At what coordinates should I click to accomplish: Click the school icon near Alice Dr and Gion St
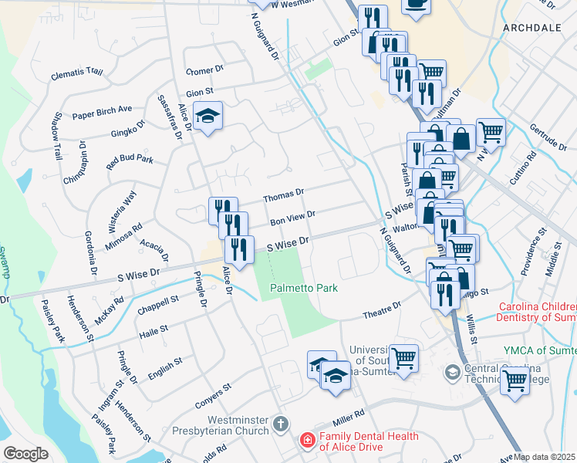tap(207, 117)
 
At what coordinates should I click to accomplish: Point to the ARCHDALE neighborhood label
tap(532, 27)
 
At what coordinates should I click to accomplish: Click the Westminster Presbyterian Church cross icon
tap(280, 423)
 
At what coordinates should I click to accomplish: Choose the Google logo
tap(25, 453)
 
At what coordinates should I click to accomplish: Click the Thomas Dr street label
tap(284, 194)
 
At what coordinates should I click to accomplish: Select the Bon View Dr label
tap(292, 218)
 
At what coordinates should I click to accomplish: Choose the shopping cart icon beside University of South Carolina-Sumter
tap(403, 358)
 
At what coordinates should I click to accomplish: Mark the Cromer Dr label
tap(204, 71)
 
